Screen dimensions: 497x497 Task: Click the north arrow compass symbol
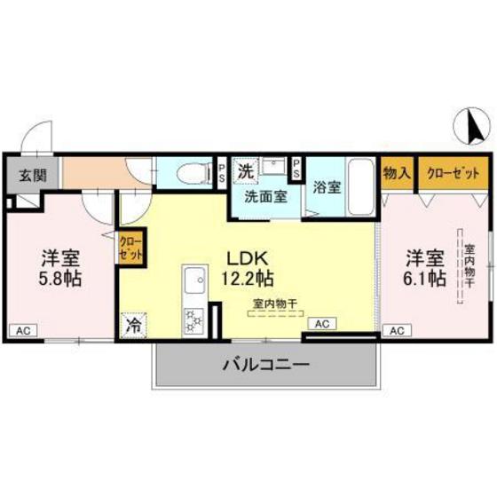tap(473, 129)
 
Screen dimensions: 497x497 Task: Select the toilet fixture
tap(188, 173)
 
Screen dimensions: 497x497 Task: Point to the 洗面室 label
tap(265, 194)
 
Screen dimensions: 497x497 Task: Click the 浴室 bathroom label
tap(326, 187)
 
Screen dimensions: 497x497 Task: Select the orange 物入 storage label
tap(397, 173)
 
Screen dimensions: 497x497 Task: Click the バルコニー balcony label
tap(265, 364)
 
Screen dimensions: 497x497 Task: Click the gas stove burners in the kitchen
tap(193, 321)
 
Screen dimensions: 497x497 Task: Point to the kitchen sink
tap(192, 287)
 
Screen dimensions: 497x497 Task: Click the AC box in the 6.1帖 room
tap(396, 330)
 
